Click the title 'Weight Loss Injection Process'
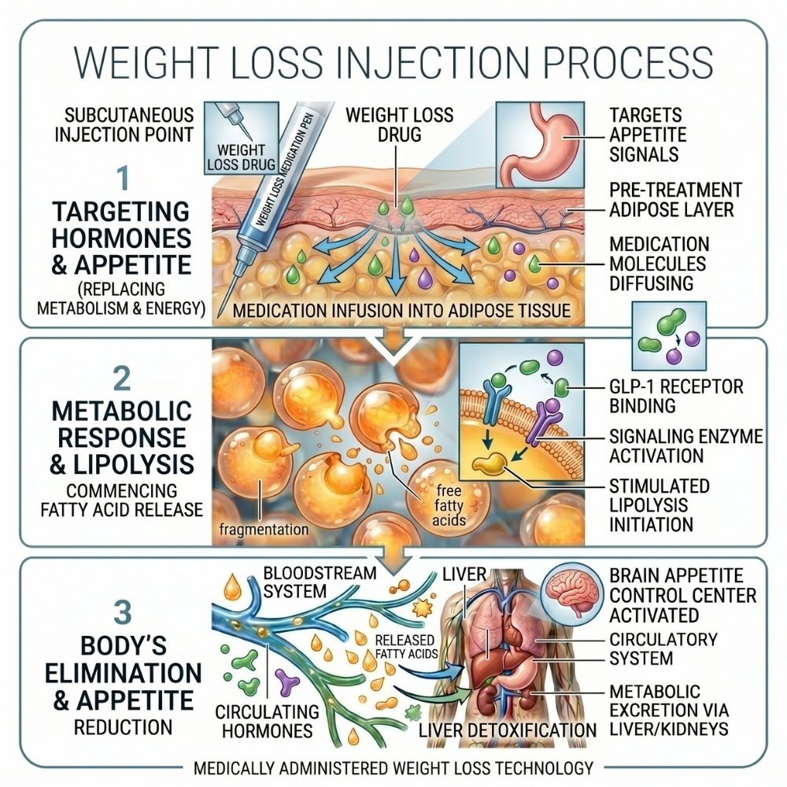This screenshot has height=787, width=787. click(393, 62)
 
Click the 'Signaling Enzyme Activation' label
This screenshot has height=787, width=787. click(682, 445)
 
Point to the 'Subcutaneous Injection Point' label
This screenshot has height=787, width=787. click(124, 124)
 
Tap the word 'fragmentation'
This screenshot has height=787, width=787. click(264, 529)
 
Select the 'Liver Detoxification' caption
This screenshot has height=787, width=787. click(502, 731)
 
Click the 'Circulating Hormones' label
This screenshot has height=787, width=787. click(268, 720)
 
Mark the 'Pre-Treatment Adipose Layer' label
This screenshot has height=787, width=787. click(674, 201)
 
